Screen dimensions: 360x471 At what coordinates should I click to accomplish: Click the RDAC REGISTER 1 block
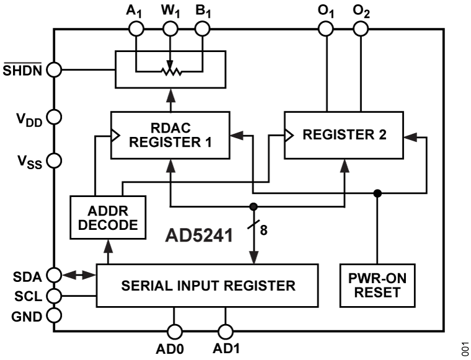click(170, 134)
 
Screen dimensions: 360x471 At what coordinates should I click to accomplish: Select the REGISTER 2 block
click(344, 134)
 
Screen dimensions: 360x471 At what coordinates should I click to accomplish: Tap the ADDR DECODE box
click(108, 217)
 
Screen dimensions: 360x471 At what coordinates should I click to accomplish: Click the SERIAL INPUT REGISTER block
click(207, 286)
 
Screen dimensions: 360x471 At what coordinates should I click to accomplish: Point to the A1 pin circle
click(136, 29)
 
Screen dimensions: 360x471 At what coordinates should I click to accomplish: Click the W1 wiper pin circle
click(170, 29)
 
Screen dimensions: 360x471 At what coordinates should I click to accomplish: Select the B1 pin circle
click(202, 29)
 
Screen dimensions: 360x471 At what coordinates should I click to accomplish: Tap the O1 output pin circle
click(326, 29)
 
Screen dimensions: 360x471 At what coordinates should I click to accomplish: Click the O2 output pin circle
click(360, 29)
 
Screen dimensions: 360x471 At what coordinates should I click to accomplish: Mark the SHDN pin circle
click(55, 69)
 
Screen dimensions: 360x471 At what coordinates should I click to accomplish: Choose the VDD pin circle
click(55, 116)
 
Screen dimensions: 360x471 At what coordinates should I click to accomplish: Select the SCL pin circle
click(55, 295)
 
